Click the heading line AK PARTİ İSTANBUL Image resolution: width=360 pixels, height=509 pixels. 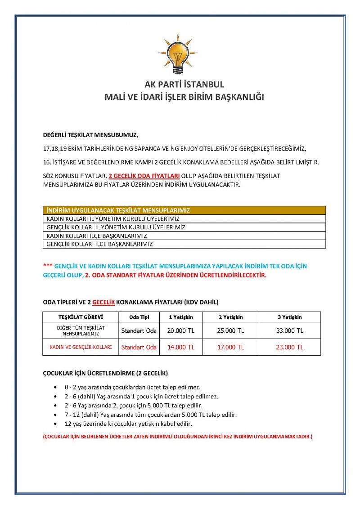pyautogui.click(x=184, y=85)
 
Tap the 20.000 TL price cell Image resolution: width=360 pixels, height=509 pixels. pyautogui.click(x=181, y=331)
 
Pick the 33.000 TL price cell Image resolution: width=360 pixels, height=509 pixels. pyautogui.click(x=290, y=331)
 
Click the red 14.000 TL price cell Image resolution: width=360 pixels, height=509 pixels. pyautogui.click(x=181, y=347)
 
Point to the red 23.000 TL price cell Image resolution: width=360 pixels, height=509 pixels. pyautogui.click(x=290, y=347)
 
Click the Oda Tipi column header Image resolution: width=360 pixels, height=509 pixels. pyautogui.click(x=139, y=317)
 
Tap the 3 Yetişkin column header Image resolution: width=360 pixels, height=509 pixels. pyautogui.click(x=290, y=317)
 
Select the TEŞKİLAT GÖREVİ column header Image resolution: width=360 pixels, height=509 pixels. pyautogui.click(x=81, y=317)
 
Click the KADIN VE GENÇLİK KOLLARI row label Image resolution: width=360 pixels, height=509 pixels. pyautogui.click(x=81, y=347)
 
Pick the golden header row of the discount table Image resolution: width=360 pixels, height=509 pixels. pyautogui.click(x=184, y=210)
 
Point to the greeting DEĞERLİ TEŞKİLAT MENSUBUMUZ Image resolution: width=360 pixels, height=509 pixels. pyautogui.click(x=90, y=134)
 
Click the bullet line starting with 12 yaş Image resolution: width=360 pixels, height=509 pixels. pyautogui.click(x=128, y=424)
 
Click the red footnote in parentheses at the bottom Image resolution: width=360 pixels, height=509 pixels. pyautogui.click(x=177, y=437)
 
